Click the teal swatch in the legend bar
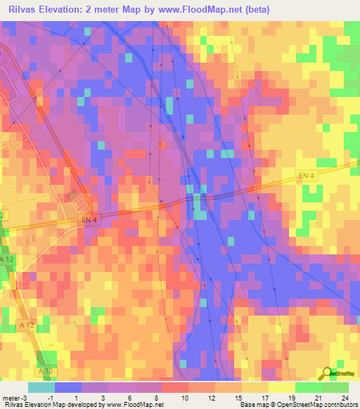tap(41, 388)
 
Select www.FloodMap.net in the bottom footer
tap(133, 405)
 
